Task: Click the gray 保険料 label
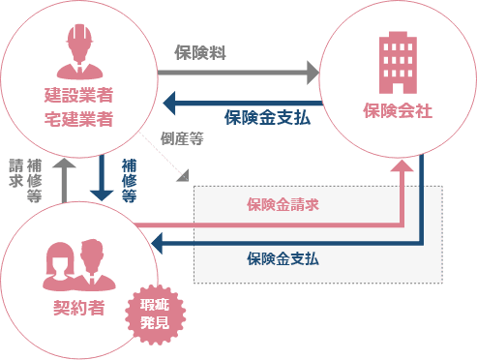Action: coord(201,52)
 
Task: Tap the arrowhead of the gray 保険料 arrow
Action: coord(312,73)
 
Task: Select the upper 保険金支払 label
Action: coord(267,118)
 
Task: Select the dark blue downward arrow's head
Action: coord(101,195)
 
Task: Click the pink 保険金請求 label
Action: coord(283,204)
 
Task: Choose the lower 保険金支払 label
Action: coord(283,259)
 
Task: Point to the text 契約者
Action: coord(78,312)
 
